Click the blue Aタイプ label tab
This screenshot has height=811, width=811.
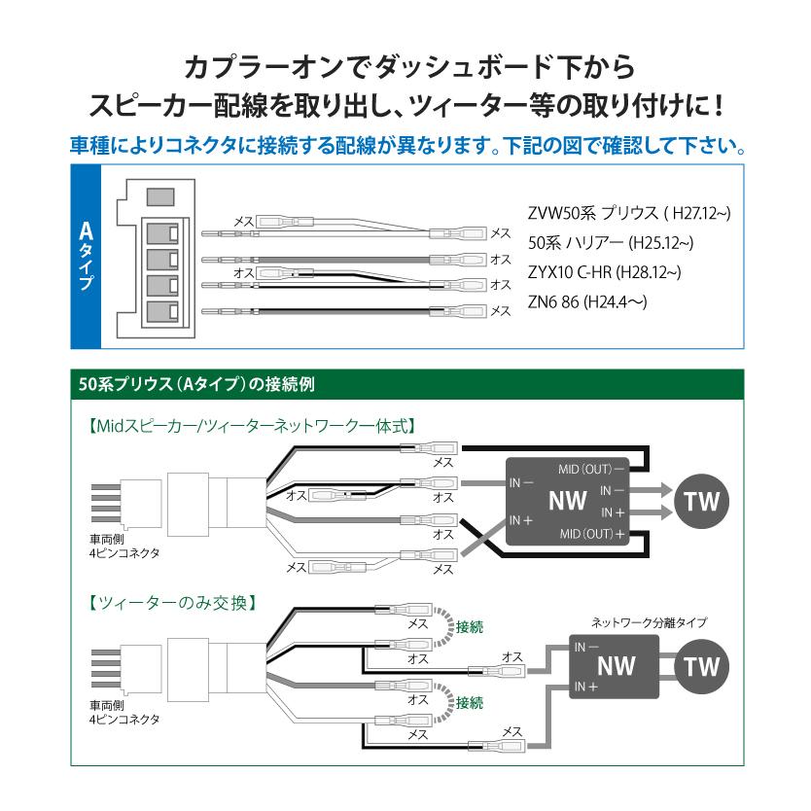86,257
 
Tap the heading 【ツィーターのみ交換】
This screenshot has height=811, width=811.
171,602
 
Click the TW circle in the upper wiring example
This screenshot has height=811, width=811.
701,502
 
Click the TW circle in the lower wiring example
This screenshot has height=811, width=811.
701,667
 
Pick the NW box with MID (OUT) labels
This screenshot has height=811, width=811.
568,502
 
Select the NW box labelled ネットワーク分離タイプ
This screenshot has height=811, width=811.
615,667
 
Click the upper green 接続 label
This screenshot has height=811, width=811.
469,627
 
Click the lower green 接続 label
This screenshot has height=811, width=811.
469,702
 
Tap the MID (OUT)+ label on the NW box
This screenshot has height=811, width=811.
592,535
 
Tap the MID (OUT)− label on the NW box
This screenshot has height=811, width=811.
592,469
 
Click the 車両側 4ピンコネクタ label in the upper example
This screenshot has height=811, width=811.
123,546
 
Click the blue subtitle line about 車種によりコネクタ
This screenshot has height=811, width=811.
405,147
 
